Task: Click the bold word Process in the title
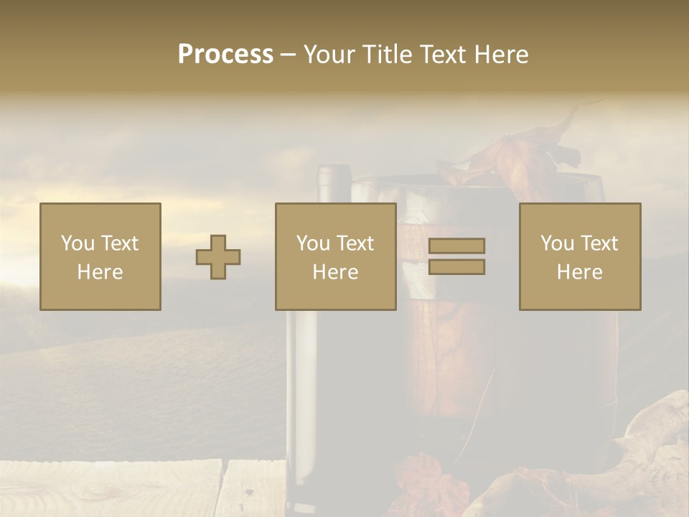pyautogui.click(x=225, y=55)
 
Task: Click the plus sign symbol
pyautogui.click(x=219, y=257)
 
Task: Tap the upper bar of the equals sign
pyautogui.click(x=456, y=246)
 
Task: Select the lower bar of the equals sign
pyautogui.click(x=456, y=267)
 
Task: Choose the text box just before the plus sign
pyautogui.click(x=100, y=256)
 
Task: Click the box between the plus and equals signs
pyautogui.click(x=335, y=256)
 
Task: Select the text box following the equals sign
pyautogui.click(x=579, y=256)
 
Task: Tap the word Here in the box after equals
pyautogui.click(x=579, y=272)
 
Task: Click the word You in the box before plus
pyautogui.click(x=76, y=243)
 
